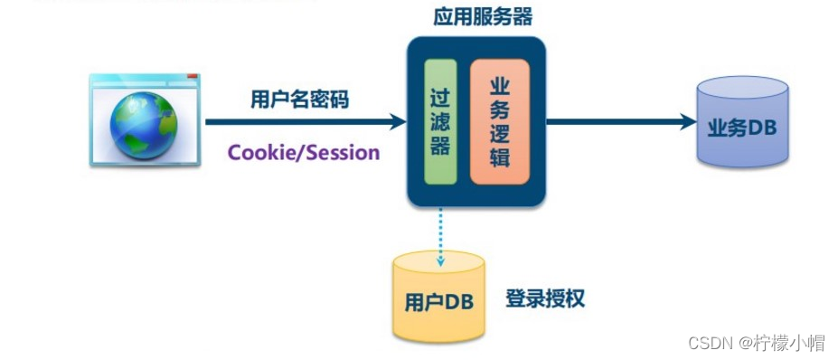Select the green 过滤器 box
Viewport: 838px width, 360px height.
[x=440, y=121]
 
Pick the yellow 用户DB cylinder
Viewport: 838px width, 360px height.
[x=439, y=298]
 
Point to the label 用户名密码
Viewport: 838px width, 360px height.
[x=299, y=99]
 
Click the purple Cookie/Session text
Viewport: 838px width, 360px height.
[x=304, y=152]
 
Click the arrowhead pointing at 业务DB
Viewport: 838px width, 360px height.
[x=687, y=121]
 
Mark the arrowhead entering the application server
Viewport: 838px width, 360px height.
[x=398, y=121]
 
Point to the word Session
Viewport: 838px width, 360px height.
[x=344, y=152]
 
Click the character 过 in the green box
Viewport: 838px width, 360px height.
[x=440, y=97]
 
